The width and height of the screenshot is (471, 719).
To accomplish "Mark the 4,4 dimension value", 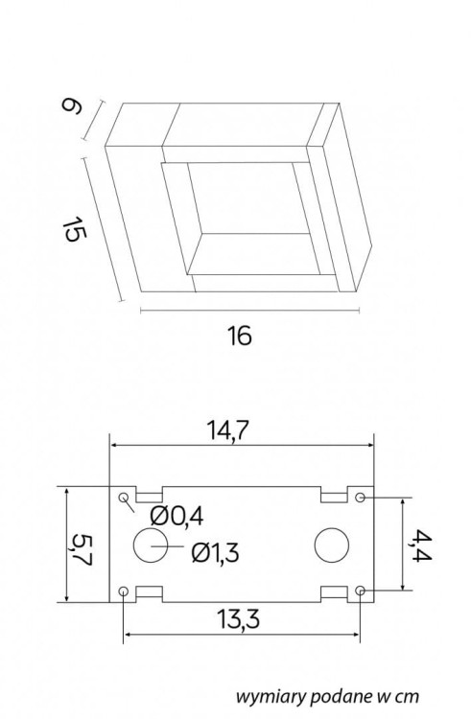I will point(418,544).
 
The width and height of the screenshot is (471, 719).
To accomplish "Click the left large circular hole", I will point(150,545).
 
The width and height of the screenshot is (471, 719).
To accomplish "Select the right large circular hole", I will point(331,545).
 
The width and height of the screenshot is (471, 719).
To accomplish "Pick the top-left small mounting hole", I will point(125,499).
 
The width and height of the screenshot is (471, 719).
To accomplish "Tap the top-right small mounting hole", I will point(360,499).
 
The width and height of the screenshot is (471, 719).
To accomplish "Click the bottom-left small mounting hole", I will point(125,591).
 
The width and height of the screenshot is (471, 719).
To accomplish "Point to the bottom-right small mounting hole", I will point(360,591).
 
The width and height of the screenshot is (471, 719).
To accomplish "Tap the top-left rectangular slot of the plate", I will point(149,495).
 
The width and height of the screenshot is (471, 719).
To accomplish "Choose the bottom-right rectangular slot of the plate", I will point(334,594).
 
